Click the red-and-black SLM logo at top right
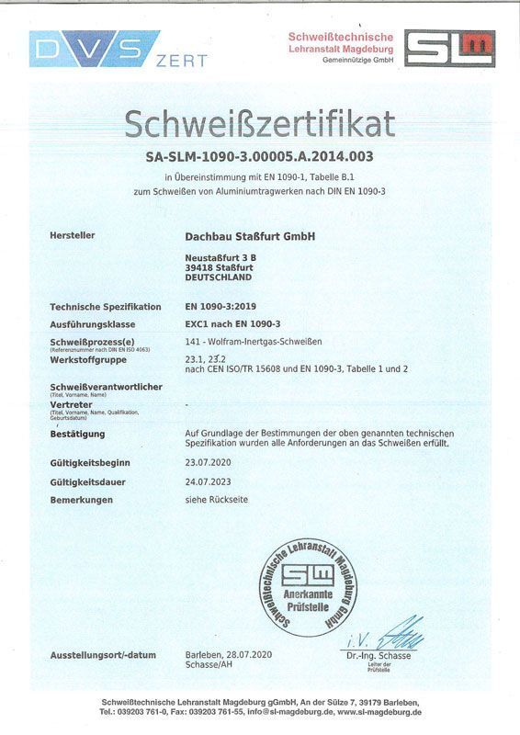449,48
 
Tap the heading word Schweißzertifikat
260,123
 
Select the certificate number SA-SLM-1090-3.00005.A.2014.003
260,156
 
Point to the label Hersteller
73,236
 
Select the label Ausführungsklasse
93,324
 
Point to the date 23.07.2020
209,464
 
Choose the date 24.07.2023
209,481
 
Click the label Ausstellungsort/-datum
103,655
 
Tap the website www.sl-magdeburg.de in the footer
379,712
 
